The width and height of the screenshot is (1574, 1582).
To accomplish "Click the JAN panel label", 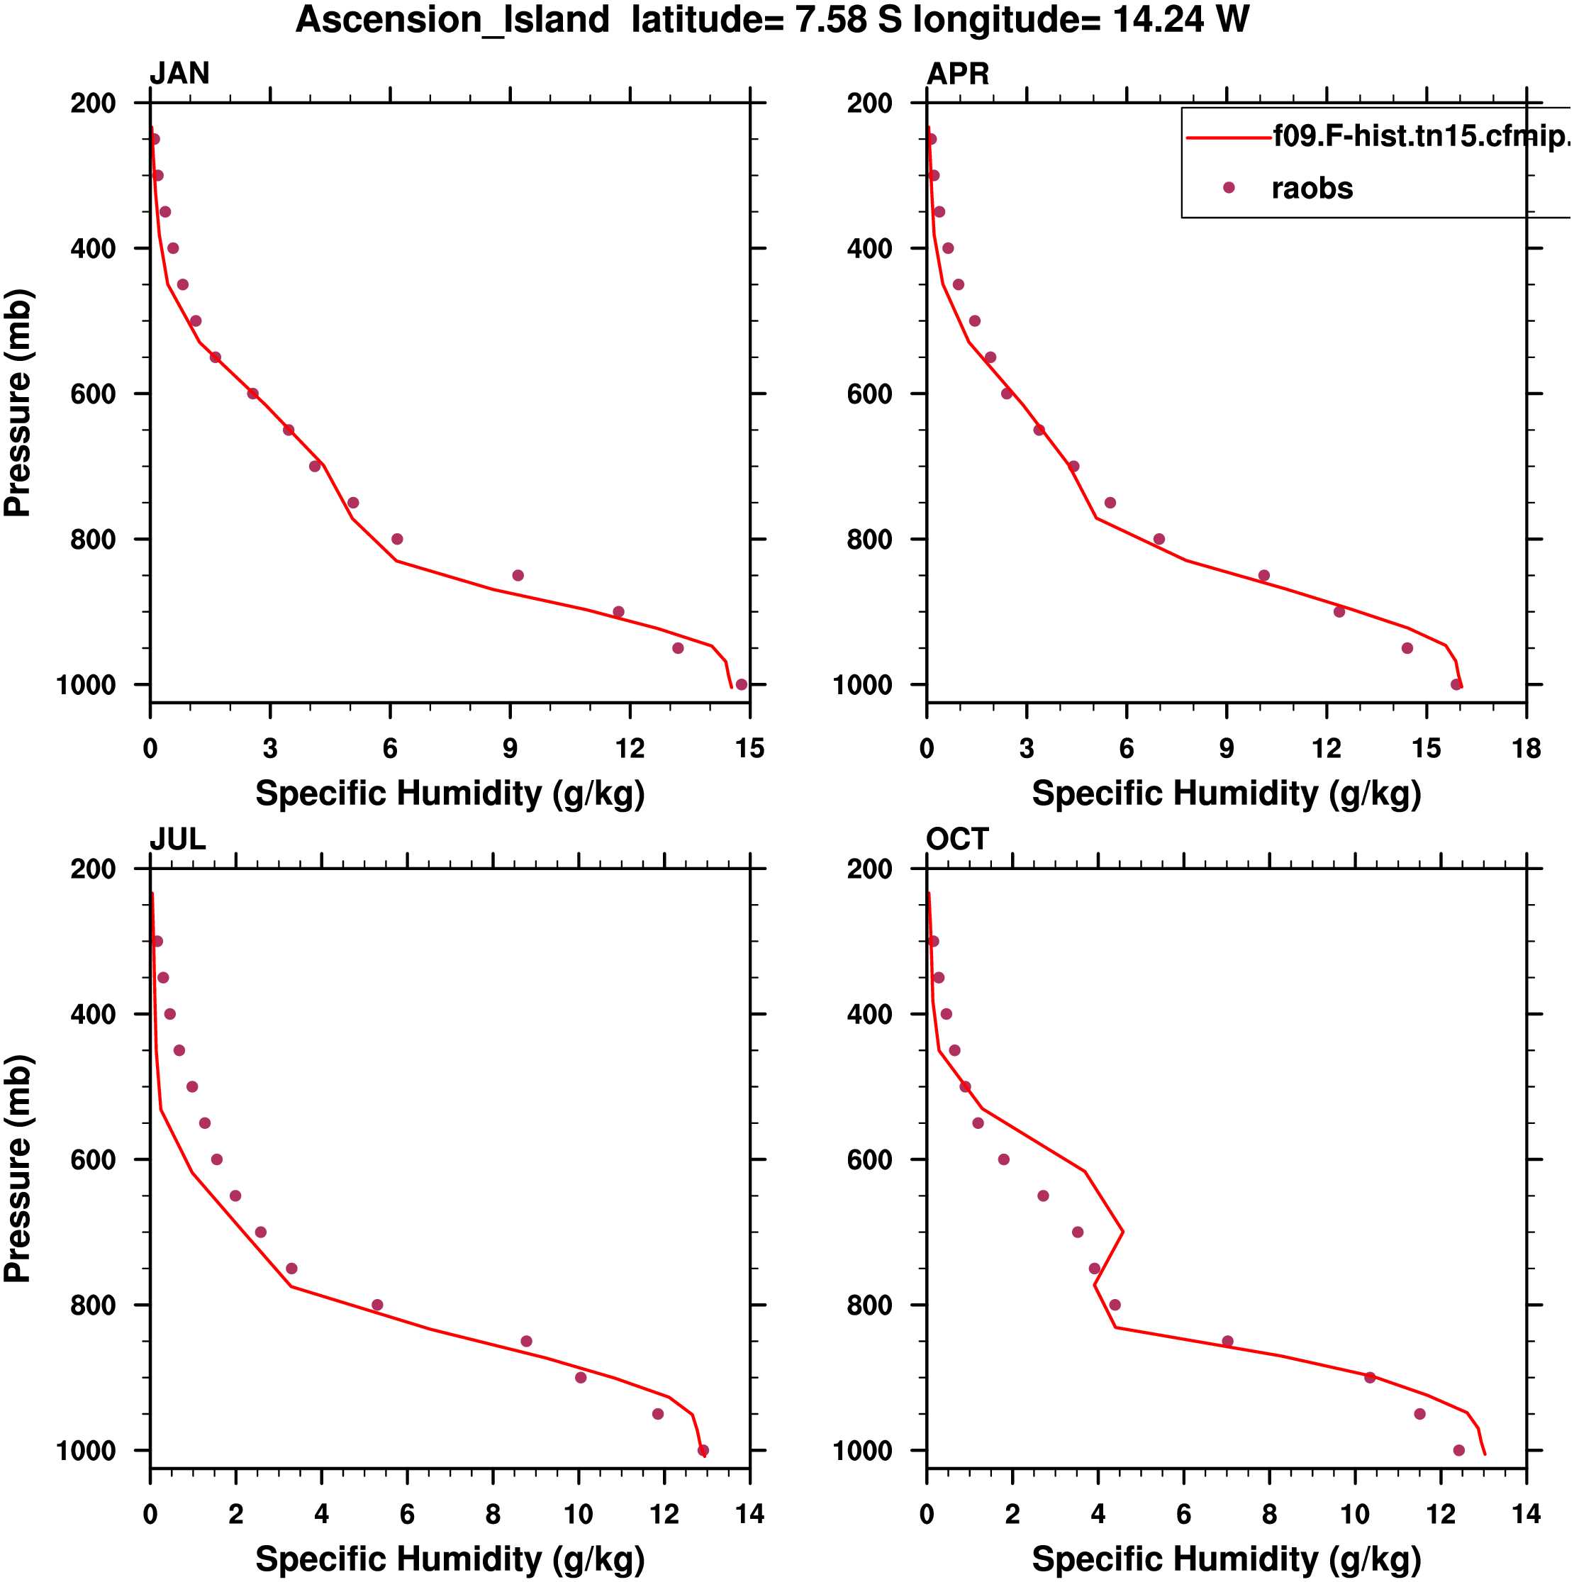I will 179,74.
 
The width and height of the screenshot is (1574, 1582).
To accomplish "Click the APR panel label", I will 957,74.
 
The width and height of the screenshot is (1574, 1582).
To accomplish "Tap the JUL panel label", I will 177,840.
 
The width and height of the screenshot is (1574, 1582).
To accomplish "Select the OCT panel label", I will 957,840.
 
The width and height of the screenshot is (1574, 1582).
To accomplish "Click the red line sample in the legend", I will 1229,138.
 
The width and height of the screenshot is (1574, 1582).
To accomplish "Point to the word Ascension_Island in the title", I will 452,20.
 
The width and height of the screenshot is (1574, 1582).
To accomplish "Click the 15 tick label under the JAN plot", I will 749,748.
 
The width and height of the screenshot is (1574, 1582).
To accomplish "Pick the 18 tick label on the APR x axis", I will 1526,748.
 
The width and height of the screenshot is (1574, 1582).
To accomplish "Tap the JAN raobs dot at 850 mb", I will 518,576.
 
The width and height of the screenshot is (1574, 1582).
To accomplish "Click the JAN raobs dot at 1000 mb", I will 741,684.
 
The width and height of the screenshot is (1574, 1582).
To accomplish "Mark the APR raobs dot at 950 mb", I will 1407,649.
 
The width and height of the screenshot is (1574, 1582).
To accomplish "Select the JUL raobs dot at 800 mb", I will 376,1305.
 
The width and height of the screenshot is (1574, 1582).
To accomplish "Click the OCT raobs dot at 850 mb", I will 1227,1342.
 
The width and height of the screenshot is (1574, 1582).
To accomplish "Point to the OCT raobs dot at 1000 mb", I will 1458,1450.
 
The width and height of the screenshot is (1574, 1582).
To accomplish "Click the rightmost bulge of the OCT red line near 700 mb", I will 1123,1232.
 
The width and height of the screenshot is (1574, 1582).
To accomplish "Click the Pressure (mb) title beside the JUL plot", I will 18,1169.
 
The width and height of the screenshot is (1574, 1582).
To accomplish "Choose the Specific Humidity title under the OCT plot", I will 1226,1559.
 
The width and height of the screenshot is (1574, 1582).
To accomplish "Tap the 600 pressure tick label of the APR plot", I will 869,394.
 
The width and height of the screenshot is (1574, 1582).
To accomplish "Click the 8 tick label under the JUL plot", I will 493,1514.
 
